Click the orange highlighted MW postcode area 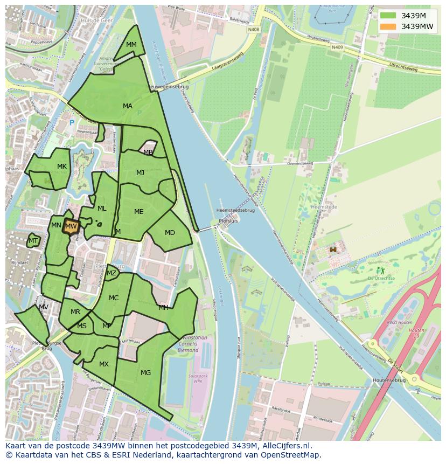coord(71,227)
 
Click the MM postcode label coord(131,45)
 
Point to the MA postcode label coord(128,106)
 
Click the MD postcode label coord(170,233)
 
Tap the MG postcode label coord(145,372)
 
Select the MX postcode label coord(104,364)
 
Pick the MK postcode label coord(62,167)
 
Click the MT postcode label coord(33,241)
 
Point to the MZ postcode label coord(111,273)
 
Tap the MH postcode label coord(163,308)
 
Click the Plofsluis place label coord(228,221)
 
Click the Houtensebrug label coord(389,380)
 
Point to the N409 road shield coord(337,47)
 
